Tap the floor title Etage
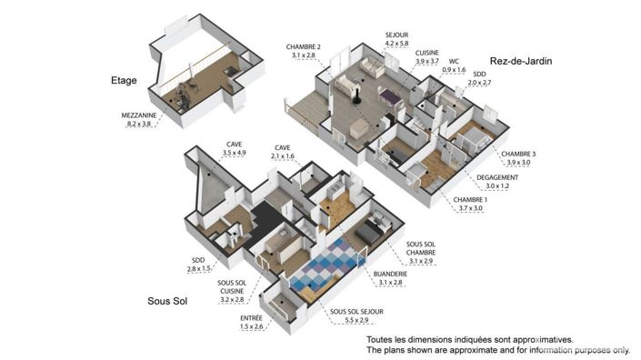point(123,80)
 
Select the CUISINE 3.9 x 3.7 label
point(427,54)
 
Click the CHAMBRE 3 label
point(518,155)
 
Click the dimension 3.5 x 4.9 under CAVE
point(235,154)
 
